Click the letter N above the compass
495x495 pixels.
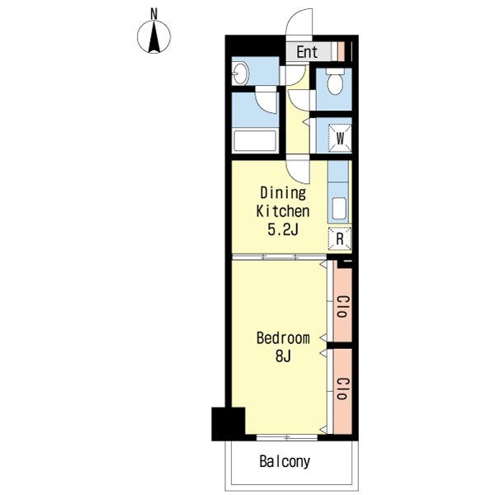pyautogui.click(x=153, y=14)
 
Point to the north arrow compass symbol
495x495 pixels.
pyautogui.click(x=153, y=36)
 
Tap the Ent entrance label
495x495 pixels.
pyautogui.click(x=307, y=52)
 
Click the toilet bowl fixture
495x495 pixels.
pyautogui.click(x=335, y=81)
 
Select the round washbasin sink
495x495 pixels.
pyautogui.click(x=239, y=74)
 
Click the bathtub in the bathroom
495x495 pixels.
pyautogui.click(x=255, y=140)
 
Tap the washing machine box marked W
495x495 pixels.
pyautogui.click(x=340, y=139)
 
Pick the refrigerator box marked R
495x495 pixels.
pyautogui.click(x=340, y=238)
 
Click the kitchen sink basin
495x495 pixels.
pyautogui.click(x=339, y=208)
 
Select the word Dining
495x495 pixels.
pyautogui.click(x=283, y=193)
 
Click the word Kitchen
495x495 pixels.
pyautogui.click(x=282, y=211)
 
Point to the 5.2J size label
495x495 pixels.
pyautogui.click(x=283, y=229)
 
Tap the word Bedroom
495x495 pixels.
pyautogui.click(x=283, y=338)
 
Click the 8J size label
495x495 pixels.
pyautogui.click(x=283, y=356)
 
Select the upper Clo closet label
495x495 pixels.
pyautogui.click(x=342, y=306)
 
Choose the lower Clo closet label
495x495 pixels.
pyautogui.click(x=342, y=389)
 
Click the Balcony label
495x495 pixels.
pyautogui.click(x=285, y=461)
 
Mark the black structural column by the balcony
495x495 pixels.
pyautogui.click(x=229, y=424)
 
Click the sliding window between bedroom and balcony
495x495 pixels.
pyautogui.click(x=286, y=437)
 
